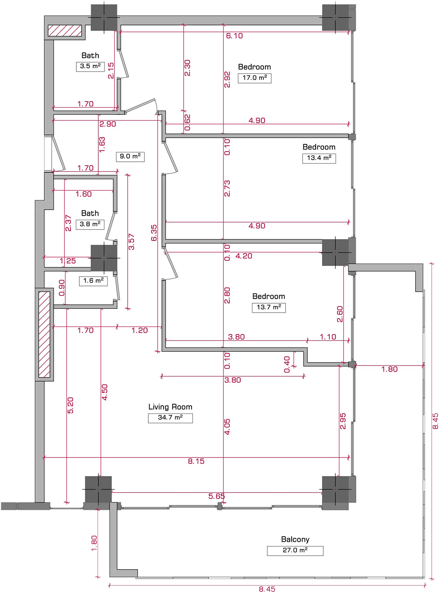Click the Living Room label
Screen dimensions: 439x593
tap(170, 407)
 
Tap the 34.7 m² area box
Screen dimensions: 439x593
tap(170, 418)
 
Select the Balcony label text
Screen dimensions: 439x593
tap(295, 539)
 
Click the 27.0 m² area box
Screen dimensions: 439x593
tap(295, 551)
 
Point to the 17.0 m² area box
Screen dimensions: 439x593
tap(254, 78)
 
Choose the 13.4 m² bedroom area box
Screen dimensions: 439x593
tap(319, 158)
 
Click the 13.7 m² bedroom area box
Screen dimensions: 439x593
tap(269, 308)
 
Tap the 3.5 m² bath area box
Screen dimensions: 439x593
tap(90, 67)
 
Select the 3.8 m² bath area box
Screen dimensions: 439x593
tap(90, 224)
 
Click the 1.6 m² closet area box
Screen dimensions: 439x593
tap(93, 281)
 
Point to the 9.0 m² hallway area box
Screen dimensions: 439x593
tap(130, 157)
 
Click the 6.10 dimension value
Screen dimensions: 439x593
tap(234, 36)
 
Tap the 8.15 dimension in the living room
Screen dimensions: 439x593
tap(196, 461)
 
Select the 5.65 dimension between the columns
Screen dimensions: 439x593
tap(217, 496)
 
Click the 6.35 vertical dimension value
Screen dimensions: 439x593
tap(154, 233)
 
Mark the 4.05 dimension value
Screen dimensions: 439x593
tap(227, 427)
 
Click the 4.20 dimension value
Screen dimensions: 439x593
tap(244, 256)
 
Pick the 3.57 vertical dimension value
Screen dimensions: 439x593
tap(131, 242)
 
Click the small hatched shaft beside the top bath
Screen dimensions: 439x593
tap(65, 30)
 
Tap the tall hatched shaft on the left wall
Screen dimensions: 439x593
tap(44, 334)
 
